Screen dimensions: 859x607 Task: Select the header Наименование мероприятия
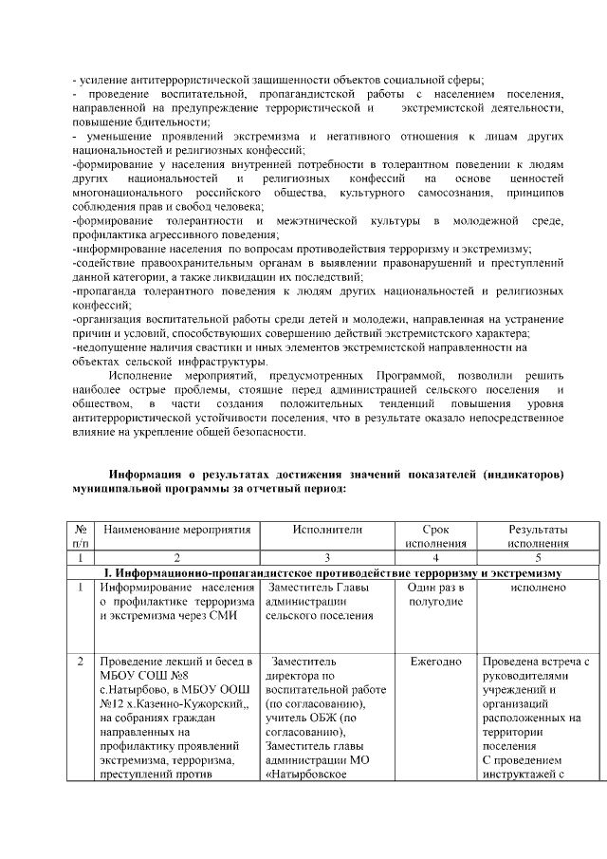[176, 530]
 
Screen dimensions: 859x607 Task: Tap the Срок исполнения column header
[435, 536]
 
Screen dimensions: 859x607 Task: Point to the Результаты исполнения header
[538, 536]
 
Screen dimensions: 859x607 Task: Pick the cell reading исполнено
[538, 588]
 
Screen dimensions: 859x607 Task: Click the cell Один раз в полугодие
[435, 595]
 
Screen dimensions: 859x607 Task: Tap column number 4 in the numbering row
[435, 558]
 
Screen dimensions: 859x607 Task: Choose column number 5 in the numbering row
[538, 558]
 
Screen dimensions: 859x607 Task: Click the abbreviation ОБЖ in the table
[339, 704]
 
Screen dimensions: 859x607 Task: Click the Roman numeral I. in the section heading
[107, 573]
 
